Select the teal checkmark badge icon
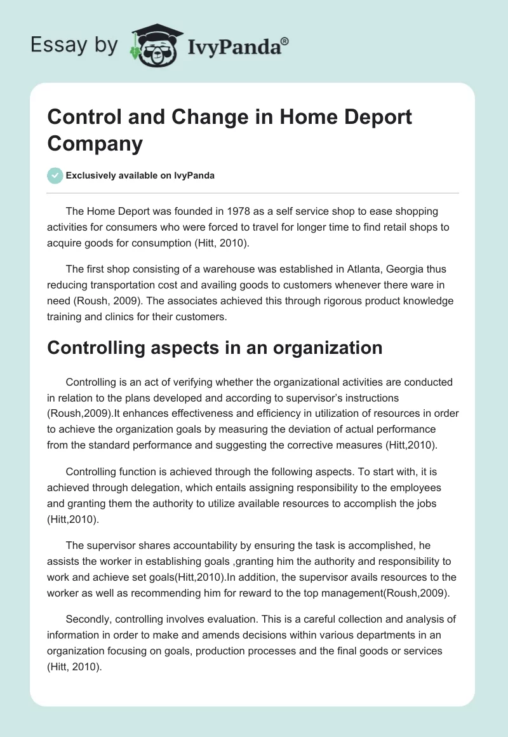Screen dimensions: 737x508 point(55,175)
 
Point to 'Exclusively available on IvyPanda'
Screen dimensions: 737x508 point(141,175)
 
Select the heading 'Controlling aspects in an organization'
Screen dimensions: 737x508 point(215,348)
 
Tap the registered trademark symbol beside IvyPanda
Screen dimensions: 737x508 point(285,41)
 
